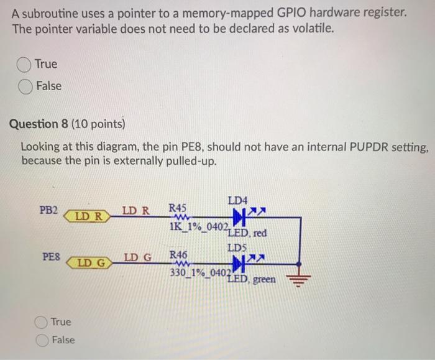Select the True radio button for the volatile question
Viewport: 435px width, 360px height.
(x=25, y=64)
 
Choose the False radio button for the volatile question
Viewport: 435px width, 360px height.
(x=25, y=86)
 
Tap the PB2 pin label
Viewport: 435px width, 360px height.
(x=49, y=210)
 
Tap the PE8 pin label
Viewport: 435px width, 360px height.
(x=51, y=256)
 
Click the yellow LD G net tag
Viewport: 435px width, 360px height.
(x=88, y=263)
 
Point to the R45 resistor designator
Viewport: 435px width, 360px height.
(x=178, y=207)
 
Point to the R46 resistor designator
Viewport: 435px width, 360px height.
(x=178, y=254)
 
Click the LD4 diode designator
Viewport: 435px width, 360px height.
(x=237, y=201)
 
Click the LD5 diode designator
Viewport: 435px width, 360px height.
(x=237, y=247)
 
